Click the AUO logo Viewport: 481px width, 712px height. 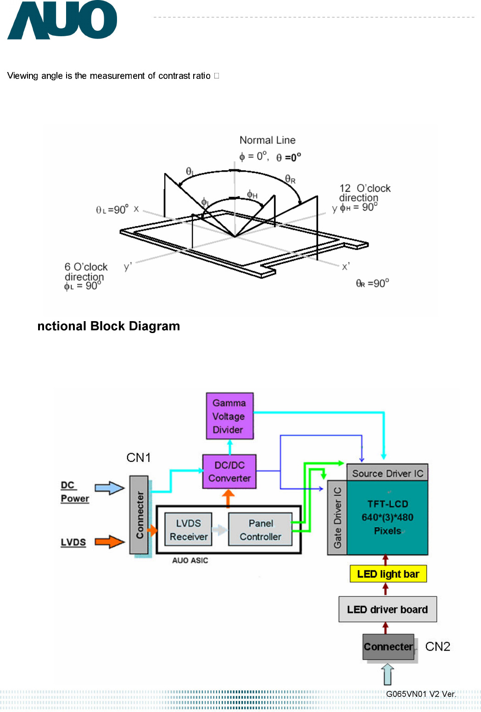62,21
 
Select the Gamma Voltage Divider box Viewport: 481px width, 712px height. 229,416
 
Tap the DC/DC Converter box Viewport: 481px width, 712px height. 229,472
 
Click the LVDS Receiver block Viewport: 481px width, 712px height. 188,530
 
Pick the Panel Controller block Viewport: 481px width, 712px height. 260,530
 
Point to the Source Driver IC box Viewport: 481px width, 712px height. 387,473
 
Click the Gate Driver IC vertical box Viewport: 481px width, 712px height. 337,517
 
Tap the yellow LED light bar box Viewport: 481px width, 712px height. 388,574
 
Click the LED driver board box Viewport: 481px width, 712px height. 387,609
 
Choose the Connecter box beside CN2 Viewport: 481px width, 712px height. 388,646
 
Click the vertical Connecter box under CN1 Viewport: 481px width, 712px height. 139,515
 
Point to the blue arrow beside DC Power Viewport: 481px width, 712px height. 109,488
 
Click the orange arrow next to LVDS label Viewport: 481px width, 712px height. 109,542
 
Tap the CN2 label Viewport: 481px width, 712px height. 437,646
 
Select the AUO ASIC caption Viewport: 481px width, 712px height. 190,560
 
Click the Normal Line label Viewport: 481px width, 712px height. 267,140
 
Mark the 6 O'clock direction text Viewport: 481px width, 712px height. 85,272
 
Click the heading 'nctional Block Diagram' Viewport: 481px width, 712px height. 108,326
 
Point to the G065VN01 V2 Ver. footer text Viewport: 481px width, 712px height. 421,694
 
